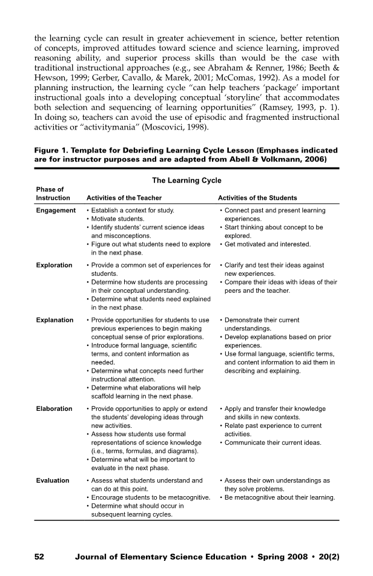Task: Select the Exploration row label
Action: [x=54, y=265]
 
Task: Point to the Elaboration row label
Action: [x=54, y=409]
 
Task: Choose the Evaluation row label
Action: [x=53, y=480]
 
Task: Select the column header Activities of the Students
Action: [x=257, y=198]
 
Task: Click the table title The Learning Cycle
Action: [x=186, y=180]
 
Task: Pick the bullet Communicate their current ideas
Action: [x=272, y=443]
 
